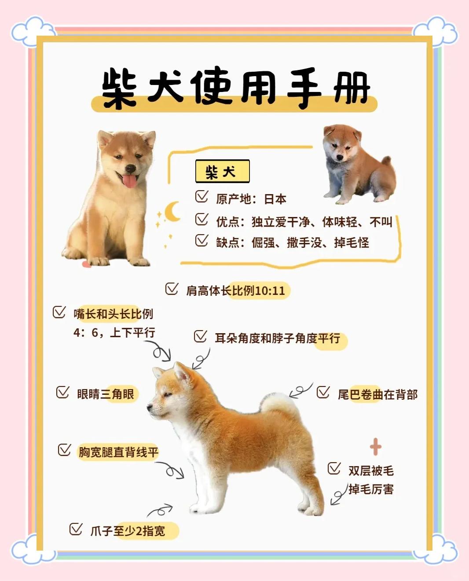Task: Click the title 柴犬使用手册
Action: tap(235, 88)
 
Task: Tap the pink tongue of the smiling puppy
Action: tap(129, 180)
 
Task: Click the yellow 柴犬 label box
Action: tap(222, 171)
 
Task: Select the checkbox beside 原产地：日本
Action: tap(202, 197)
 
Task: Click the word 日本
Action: tap(275, 199)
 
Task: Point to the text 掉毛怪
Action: tap(352, 243)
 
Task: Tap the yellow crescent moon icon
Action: tap(173, 212)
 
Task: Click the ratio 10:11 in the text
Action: tap(270, 291)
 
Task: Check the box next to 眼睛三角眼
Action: tap(62, 392)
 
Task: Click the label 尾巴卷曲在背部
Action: tap(377, 394)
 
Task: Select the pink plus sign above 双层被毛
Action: tap(375, 447)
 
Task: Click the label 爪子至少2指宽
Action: tap(128, 531)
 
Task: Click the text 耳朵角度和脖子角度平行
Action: tap(277, 338)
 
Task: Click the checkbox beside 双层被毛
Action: tap(334, 468)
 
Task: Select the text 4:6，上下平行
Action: tap(114, 332)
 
